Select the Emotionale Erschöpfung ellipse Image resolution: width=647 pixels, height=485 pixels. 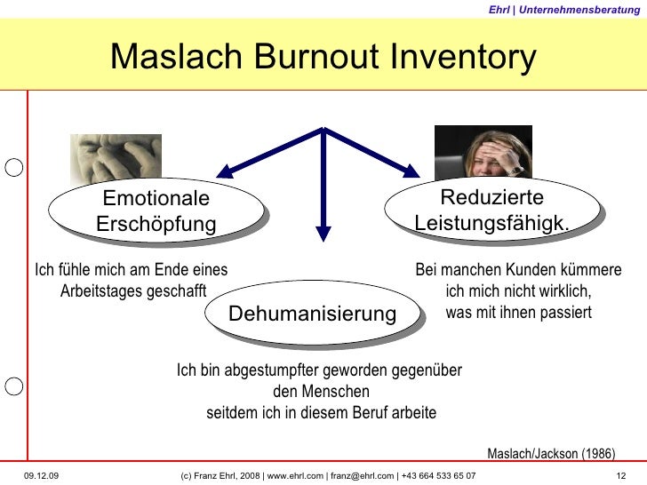click(x=156, y=211)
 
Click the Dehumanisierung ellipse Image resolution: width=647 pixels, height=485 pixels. click(x=312, y=314)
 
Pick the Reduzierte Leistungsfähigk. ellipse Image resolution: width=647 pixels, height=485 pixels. click(x=491, y=210)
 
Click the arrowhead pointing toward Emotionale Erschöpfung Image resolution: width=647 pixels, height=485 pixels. click(x=223, y=169)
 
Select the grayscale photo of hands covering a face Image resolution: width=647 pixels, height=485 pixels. click(x=116, y=155)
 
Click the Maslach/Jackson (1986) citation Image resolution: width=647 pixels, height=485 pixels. click(x=551, y=453)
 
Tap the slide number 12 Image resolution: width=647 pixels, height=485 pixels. click(x=621, y=476)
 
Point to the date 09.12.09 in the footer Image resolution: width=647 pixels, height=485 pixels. click(x=41, y=476)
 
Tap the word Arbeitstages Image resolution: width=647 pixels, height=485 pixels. click(x=98, y=290)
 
